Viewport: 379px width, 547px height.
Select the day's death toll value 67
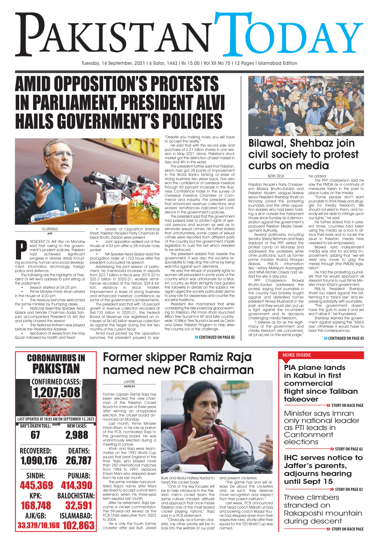35,435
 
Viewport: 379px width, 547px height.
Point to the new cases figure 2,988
77,435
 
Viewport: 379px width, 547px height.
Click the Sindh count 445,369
36,485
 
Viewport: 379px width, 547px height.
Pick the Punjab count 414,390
77,485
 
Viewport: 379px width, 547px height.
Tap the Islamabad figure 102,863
78,525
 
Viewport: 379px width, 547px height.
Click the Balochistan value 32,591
78,506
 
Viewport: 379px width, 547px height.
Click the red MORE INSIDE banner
297,355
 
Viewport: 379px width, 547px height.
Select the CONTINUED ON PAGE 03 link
215,338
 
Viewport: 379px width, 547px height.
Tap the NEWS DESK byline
276,176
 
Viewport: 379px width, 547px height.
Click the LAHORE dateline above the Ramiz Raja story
129,382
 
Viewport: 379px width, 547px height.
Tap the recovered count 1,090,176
39,460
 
